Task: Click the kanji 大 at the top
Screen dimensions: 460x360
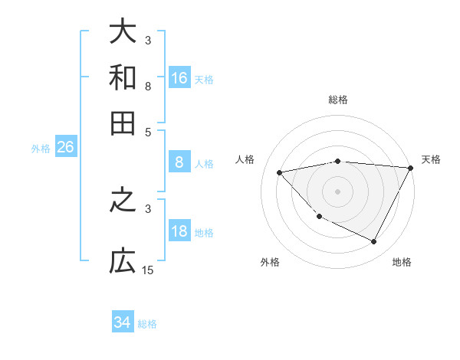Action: point(123,32)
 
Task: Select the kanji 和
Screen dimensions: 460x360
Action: point(123,77)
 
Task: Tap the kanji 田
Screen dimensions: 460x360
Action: point(123,122)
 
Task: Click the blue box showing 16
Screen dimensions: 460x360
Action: point(179,77)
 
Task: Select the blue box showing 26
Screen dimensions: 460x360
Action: point(65,147)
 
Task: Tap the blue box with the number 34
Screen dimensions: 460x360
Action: point(123,322)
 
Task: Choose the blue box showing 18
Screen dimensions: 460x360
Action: point(179,231)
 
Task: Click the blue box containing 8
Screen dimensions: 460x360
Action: point(179,162)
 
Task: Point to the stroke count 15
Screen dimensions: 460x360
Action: point(148,270)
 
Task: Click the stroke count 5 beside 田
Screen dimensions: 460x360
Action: point(148,131)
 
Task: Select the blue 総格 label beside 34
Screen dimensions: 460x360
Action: point(147,324)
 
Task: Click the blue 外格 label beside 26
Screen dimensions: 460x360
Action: point(41,149)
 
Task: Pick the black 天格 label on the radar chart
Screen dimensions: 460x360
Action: point(431,159)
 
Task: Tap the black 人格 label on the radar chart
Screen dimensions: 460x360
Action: point(245,159)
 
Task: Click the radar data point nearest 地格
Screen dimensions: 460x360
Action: point(374,242)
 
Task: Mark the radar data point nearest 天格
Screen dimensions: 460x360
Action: point(411,168)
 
